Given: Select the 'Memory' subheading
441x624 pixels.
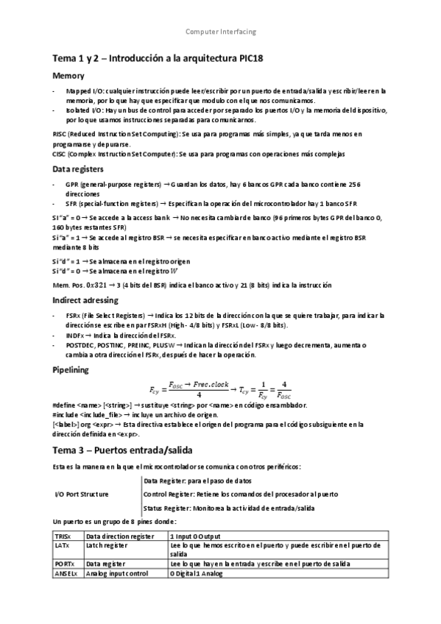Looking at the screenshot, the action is [68, 76].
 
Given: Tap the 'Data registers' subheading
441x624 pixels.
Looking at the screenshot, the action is [77, 169].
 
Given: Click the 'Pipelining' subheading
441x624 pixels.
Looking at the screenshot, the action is [72, 369].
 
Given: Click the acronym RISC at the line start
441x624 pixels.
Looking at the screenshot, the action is [60, 135].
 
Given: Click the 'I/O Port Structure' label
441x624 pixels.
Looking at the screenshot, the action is [82, 494].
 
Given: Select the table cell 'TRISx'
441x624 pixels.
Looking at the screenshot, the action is [64, 536].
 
